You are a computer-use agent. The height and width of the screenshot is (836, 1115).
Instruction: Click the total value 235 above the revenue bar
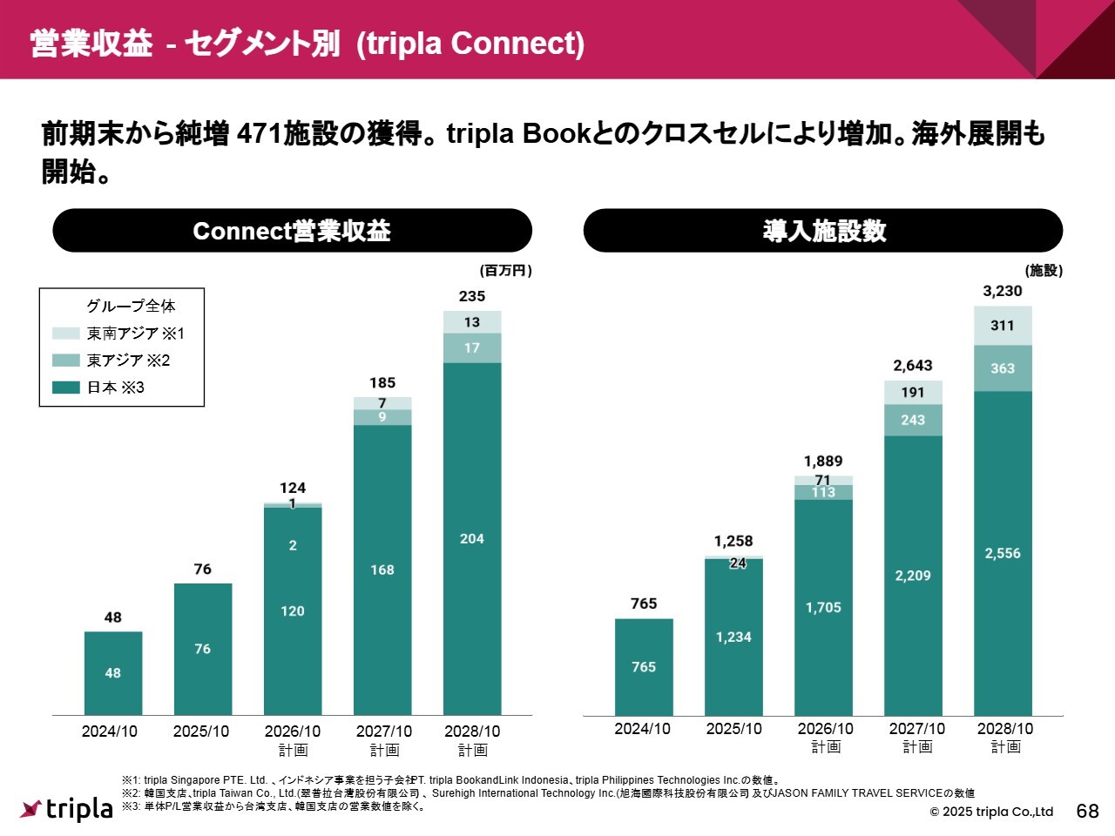pos(471,296)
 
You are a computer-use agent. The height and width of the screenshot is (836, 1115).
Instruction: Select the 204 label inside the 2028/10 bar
pos(471,539)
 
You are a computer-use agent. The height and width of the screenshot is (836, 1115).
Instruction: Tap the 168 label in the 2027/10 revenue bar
pos(382,570)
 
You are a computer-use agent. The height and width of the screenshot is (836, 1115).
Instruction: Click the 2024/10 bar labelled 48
pos(113,672)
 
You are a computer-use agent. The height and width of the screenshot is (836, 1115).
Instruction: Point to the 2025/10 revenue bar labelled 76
pos(203,649)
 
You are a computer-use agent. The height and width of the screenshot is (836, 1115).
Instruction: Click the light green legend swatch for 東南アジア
pos(66,334)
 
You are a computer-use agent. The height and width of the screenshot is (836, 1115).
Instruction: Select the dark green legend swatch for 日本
pos(66,388)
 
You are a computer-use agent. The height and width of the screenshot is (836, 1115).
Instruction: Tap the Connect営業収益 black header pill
pos(292,231)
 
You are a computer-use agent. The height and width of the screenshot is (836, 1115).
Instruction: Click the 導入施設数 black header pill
pos(823,231)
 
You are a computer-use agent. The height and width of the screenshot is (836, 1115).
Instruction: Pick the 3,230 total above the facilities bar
pos(1003,291)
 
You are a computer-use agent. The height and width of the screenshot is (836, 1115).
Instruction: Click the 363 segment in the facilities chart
pos(1003,368)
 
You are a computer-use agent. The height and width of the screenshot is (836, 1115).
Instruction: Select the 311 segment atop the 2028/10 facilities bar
pos(1003,326)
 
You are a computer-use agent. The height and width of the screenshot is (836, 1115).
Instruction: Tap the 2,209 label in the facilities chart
pos(913,576)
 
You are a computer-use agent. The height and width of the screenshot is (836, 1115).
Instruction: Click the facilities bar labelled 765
pos(644,666)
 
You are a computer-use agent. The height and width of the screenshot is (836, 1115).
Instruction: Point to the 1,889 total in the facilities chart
pos(823,462)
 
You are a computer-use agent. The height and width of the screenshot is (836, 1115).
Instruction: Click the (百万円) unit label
pos(505,271)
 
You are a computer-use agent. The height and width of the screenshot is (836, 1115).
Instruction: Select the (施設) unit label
pos(1044,271)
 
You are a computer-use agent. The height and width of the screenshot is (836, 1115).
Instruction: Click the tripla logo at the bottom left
pos(67,809)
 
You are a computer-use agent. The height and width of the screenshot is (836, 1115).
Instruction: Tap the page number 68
pos(1088,812)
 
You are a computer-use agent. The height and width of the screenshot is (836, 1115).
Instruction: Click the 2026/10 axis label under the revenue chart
pos(293,731)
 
